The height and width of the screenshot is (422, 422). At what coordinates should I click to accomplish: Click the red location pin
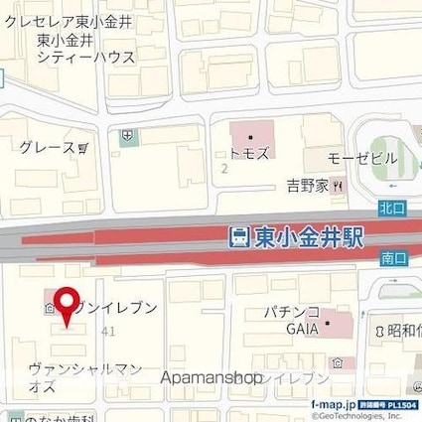click(x=67, y=306)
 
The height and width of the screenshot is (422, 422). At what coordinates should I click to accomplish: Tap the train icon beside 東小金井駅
click(x=239, y=237)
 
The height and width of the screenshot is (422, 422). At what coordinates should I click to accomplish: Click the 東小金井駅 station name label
click(x=309, y=237)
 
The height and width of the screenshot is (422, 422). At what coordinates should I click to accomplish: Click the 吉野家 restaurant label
click(x=308, y=186)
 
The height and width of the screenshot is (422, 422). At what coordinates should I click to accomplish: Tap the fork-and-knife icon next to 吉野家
click(x=339, y=186)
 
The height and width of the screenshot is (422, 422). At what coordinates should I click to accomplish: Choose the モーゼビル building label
click(x=363, y=159)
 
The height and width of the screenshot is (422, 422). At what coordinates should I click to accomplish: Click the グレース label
click(x=47, y=148)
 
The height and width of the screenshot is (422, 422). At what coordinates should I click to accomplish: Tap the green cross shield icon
click(x=126, y=137)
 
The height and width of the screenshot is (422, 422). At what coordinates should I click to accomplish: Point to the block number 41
click(x=106, y=331)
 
